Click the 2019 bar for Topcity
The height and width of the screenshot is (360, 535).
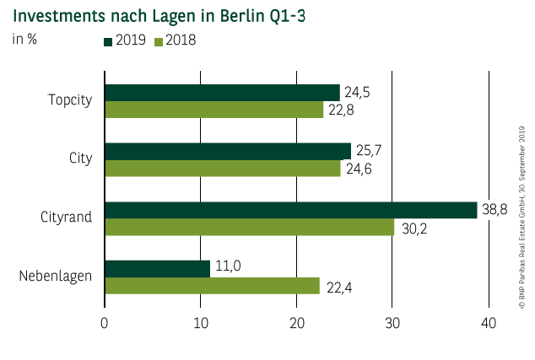click(221, 93)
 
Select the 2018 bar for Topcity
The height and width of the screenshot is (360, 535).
click(213, 110)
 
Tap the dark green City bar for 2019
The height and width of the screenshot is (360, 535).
click(227, 151)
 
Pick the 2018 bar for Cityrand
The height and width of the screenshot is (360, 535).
click(249, 227)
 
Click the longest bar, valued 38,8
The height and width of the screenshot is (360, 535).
click(290, 210)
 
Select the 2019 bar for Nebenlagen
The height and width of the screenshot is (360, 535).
click(157, 268)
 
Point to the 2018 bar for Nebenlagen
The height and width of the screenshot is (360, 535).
click(212, 286)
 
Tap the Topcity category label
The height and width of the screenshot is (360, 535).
click(69, 100)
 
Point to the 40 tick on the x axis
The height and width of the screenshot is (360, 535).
click(488, 323)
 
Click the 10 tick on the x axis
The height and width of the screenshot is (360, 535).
click(200, 323)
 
